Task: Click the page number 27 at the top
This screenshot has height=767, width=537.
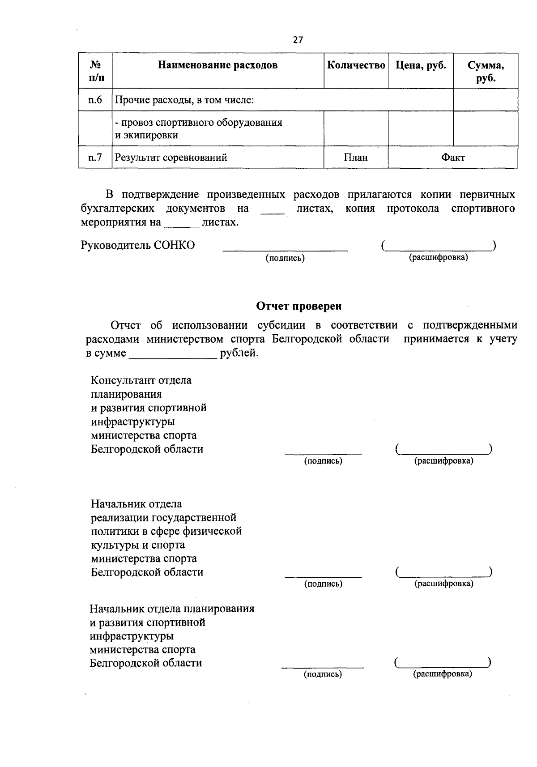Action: (x=298, y=40)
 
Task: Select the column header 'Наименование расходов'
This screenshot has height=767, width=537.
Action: (x=217, y=65)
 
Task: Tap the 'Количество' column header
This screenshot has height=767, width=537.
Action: (x=356, y=65)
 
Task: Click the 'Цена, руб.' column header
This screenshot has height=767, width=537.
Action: (x=421, y=65)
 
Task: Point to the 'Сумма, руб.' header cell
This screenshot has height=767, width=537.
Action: (x=486, y=72)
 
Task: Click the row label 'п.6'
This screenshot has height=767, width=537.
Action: (x=95, y=100)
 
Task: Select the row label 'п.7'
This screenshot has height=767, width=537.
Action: (x=95, y=158)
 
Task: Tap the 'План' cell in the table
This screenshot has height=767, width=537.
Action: (x=356, y=158)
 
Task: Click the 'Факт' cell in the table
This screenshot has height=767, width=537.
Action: (x=453, y=158)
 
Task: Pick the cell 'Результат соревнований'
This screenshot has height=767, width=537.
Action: (x=171, y=158)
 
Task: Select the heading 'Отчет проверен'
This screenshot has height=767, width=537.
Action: (x=298, y=306)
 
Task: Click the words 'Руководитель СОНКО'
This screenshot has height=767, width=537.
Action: (x=138, y=245)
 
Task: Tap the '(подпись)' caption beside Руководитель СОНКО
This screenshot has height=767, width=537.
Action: (x=285, y=258)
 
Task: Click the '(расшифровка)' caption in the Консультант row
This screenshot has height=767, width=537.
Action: (x=443, y=461)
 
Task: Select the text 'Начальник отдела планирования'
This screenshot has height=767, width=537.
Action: (x=172, y=609)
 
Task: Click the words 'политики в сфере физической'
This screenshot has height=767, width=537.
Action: (x=166, y=531)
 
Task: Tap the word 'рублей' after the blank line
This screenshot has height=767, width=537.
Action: (x=239, y=353)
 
